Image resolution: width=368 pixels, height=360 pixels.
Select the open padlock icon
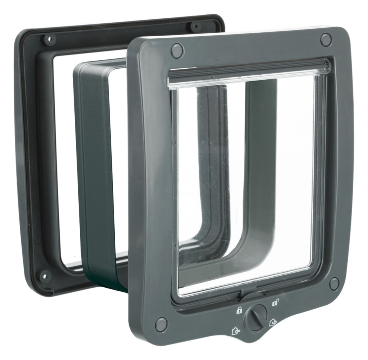pos(275,302)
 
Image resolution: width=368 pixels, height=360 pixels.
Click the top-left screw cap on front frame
pos(177,50)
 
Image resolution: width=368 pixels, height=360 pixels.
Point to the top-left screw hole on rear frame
pos(50,38)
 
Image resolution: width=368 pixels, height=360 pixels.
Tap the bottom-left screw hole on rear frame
pos(44,276)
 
